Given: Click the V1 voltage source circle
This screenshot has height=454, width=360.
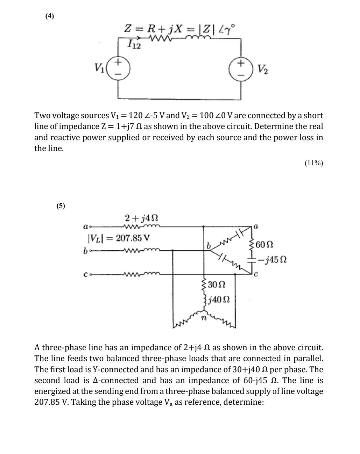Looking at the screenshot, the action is (118, 68).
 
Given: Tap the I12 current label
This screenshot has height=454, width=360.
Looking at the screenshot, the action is (134, 44).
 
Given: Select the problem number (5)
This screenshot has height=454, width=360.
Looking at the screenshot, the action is (61, 206).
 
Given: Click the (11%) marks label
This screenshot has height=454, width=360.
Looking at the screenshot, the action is (313, 163).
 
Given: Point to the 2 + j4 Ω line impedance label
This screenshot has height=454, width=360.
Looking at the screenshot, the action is (141, 218).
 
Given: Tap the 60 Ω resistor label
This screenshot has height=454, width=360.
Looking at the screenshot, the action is (264, 244).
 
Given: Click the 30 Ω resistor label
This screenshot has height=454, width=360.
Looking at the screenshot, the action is (216, 284).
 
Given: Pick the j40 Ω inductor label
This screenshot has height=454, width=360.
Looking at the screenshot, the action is (219, 300).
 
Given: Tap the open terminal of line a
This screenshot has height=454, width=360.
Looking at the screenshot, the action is (90, 226).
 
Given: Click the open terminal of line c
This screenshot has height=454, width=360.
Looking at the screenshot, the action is (91, 275).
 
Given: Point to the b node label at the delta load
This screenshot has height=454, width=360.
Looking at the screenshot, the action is (209, 246).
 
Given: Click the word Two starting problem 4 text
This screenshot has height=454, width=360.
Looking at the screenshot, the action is (42, 115).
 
